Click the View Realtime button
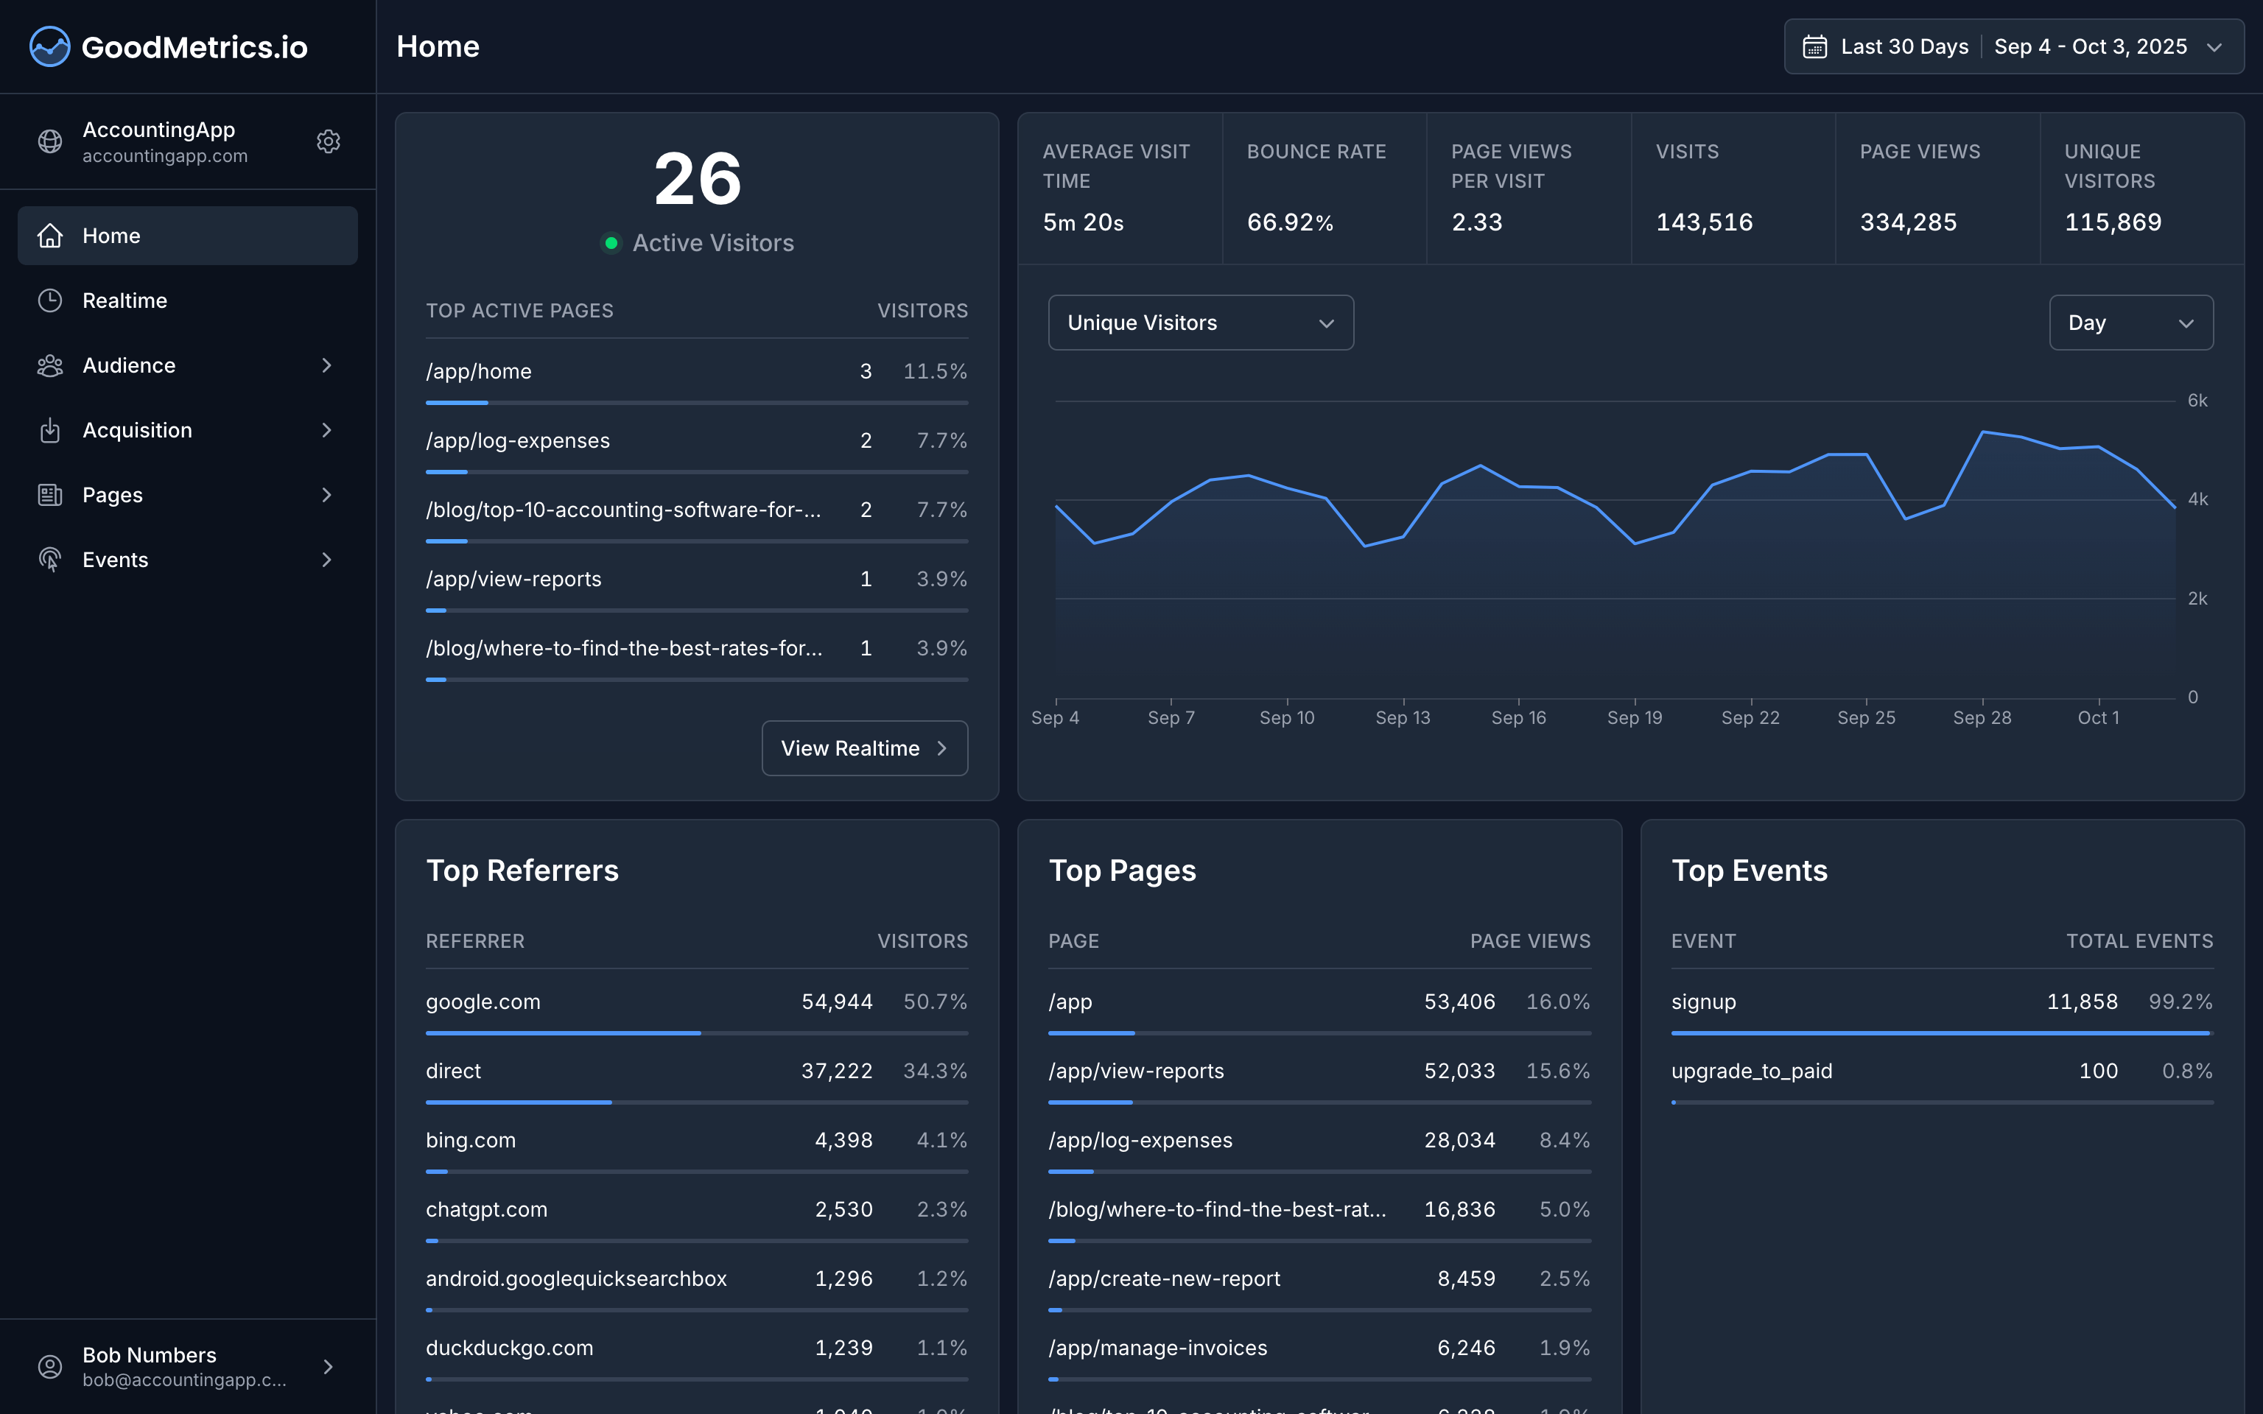tap(864, 748)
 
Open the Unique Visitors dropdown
tap(1201, 323)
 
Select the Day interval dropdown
tap(2130, 323)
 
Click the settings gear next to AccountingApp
tap(329, 141)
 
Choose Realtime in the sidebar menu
tap(124, 300)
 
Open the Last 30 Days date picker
tap(2013, 46)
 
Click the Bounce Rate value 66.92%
tap(1290, 222)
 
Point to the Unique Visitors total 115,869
tap(2113, 222)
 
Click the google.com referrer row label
tap(483, 1002)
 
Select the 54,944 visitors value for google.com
tap(837, 1002)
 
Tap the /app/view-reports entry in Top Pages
tap(1136, 1071)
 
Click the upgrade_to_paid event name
tap(1752, 1071)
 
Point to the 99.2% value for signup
tap(2180, 1002)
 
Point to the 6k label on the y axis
tap(2197, 400)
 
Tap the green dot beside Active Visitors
tap(611, 243)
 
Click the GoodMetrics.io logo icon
tap(49, 46)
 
